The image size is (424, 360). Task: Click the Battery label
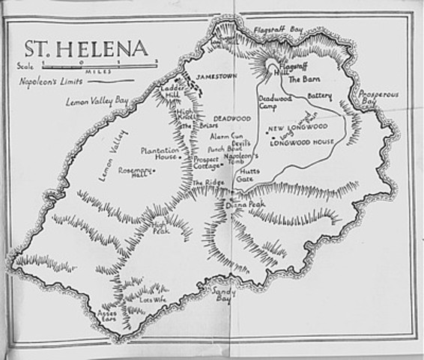[319, 96]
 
